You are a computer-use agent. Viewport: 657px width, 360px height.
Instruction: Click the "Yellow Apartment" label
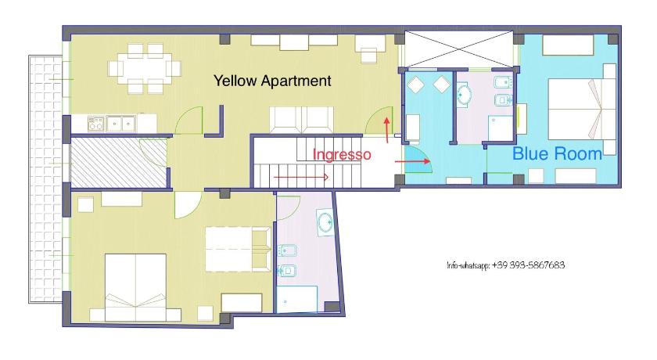tap(272, 81)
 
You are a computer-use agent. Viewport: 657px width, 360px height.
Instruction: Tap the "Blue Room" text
tap(557, 154)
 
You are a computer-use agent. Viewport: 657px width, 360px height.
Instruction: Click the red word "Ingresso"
tap(342, 155)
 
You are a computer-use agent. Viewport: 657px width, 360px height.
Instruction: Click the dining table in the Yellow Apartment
tap(145, 68)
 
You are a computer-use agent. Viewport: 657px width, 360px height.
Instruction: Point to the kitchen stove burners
tap(96, 124)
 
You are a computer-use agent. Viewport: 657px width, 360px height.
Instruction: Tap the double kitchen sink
tap(120, 123)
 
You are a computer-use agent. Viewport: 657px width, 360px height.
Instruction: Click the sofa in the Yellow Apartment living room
tap(302, 120)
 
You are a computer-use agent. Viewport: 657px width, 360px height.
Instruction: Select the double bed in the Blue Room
tap(582, 110)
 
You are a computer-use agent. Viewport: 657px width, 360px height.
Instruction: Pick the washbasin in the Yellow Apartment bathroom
tap(325, 221)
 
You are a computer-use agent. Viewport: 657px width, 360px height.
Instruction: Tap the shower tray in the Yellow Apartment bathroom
tap(296, 299)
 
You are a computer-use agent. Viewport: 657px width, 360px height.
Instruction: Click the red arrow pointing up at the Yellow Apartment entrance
tap(386, 130)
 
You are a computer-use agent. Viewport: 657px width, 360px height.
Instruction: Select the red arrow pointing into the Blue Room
tap(412, 161)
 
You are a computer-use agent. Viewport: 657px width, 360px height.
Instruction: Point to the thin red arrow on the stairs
tap(301, 178)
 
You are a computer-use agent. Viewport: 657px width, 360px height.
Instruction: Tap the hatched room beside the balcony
tap(119, 163)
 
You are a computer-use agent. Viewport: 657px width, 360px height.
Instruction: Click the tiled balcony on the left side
tap(45, 179)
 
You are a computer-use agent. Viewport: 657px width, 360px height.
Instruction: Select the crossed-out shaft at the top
tap(459, 49)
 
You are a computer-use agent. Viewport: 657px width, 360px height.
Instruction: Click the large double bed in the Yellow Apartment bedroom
tap(136, 287)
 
